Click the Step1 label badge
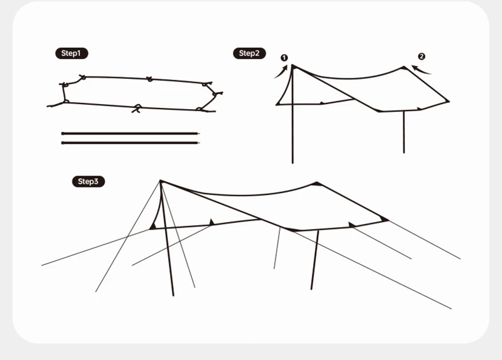pyautogui.click(x=72, y=53)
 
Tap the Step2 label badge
pyautogui.click(x=249, y=53)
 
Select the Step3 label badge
pyautogui.click(x=88, y=181)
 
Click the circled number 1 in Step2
pyautogui.click(x=284, y=58)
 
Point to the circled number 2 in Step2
pyautogui.click(x=422, y=56)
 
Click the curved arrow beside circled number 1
pyautogui.click(x=282, y=72)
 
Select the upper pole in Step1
pyautogui.click(x=131, y=134)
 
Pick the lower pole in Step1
pyautogui.click(x=131, y=143)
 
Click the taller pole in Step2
pyautogui.click(x=292, y=114)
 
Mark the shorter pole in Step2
pyautogui.click(x=403, y=132)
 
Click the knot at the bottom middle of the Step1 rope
pyautogui.click(x=137, y=108)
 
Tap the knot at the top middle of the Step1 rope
pyautogui.click(x=149, y=79)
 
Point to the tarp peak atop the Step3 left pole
pyautogui.click(x=161, y=181)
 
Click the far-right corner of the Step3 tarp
pyautogui.click(x=388, y=220)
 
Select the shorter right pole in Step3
pyautogui.click(x=315, y=260)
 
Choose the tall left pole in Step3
pyautogui.click(x=167, y=239)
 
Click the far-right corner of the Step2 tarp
pyautogui.click(x=449, y=101)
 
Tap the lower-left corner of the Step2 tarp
pyautogui.click(x=277, y=104)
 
